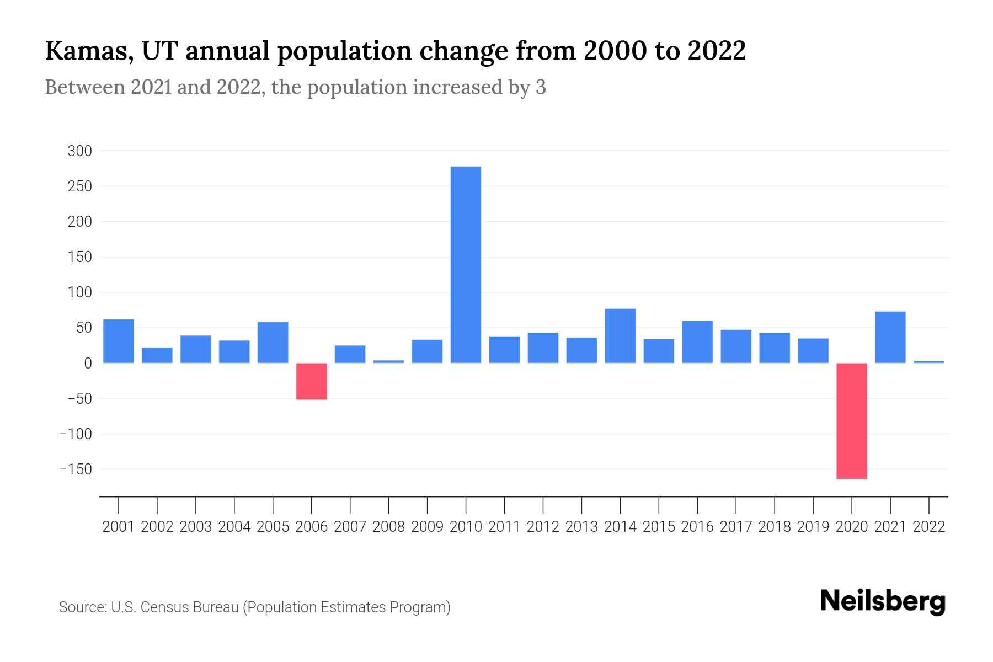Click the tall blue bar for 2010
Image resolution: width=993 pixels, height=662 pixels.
(x=466, y=265)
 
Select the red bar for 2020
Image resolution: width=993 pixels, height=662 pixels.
(x=851, y=421)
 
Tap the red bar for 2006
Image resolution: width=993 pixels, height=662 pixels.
(x=311, y=381)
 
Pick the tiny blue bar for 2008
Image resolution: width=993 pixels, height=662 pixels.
(x=388, y=362)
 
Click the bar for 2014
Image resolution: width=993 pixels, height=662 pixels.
(x=620, y=336)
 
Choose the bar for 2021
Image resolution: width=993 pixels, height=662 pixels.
(x=890, y=338)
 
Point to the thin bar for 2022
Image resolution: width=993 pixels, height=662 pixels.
(x=929, y=362)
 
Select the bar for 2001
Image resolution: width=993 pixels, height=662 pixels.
(x=119, y=341)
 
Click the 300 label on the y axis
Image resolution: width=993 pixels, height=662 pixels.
(x=79, y=151)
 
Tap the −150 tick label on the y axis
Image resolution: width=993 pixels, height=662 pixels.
(x=76, y=469)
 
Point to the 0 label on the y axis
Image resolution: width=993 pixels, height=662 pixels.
(x=88, y=364)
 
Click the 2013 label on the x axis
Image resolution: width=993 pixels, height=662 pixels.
(x=581, y=527)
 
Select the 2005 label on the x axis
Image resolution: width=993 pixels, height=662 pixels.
(x=273, y=527)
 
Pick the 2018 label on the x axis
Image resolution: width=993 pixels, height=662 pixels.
(x=775, y=527)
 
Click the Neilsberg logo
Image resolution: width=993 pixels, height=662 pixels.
(x=883, y=602)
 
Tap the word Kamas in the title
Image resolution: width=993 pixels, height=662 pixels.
(x=88, y=51)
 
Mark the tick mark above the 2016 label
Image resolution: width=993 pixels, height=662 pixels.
(x=697, y=505)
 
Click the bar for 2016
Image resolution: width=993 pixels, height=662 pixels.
(x=697, y=342)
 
